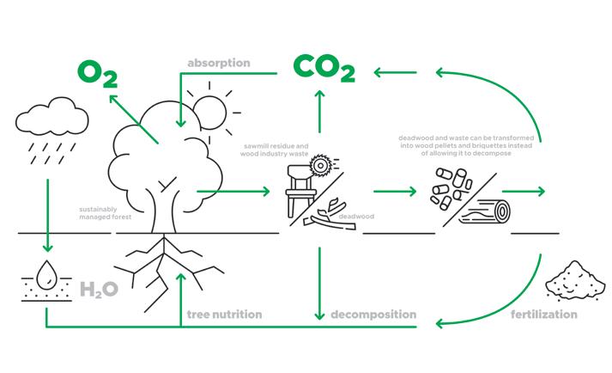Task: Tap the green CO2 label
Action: click(324, 67)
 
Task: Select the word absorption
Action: click(219, 63)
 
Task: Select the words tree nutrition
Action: click(224, 315)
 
